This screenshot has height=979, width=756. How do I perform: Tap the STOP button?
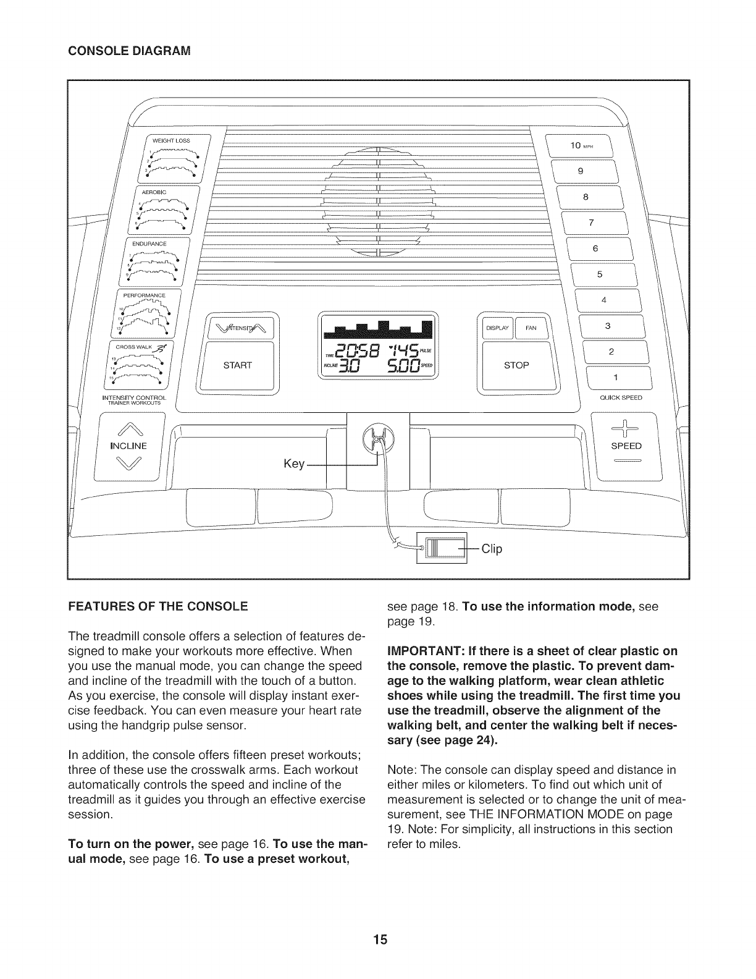pos(516,365)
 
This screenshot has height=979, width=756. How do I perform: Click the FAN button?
pos(531,328)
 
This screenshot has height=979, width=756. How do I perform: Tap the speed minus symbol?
pos(626,462)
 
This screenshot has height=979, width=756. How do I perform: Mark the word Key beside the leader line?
pos(293,464)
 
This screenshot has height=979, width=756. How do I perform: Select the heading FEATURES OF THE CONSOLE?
pos(158,606)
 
